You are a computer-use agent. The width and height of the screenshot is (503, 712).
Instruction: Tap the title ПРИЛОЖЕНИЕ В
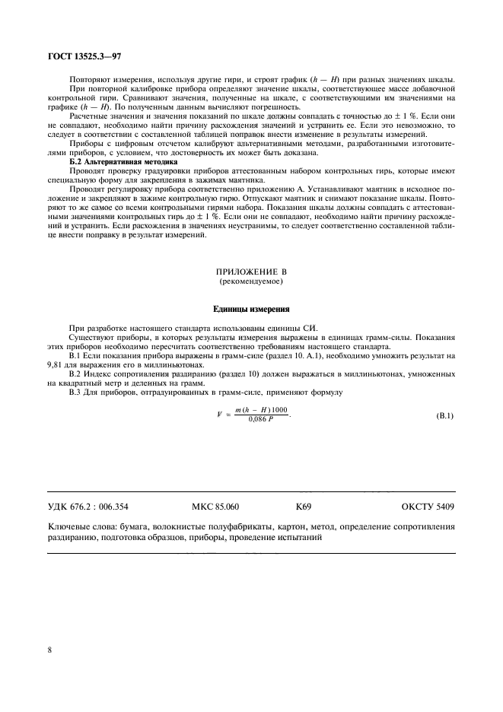pos(251,272)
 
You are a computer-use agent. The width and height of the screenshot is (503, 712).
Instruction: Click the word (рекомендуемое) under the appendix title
pos(251,281)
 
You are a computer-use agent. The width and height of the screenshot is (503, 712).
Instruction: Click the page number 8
pos(49,650)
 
